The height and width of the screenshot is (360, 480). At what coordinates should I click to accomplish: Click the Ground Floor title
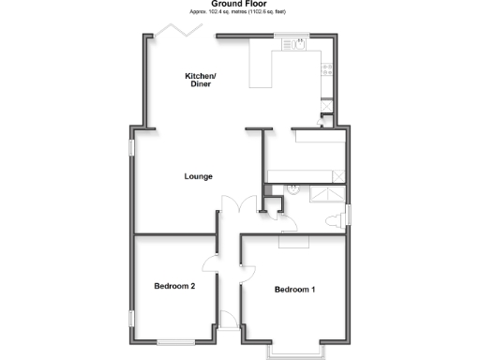(240, 5)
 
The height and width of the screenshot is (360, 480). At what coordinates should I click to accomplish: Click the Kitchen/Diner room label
(199, 80)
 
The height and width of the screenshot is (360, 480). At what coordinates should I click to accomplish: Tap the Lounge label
(198, 176)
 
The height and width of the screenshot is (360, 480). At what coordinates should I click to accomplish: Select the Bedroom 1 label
(294, 290)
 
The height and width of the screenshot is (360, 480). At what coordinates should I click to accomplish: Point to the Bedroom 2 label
(174, 286)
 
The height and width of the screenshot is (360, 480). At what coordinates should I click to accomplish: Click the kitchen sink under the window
(292, 43)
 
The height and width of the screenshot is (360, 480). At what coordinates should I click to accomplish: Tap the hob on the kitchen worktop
(327, 68)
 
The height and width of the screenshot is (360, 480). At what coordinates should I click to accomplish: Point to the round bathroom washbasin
(293, 187)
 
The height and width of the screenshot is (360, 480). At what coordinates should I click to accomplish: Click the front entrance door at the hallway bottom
(225, 319)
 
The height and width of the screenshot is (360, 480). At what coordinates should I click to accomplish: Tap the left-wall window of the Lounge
(132, 149)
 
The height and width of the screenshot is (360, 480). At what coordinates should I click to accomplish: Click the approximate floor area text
(240, 13)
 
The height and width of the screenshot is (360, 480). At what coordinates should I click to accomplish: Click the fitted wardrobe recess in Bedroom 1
(292, 241)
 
